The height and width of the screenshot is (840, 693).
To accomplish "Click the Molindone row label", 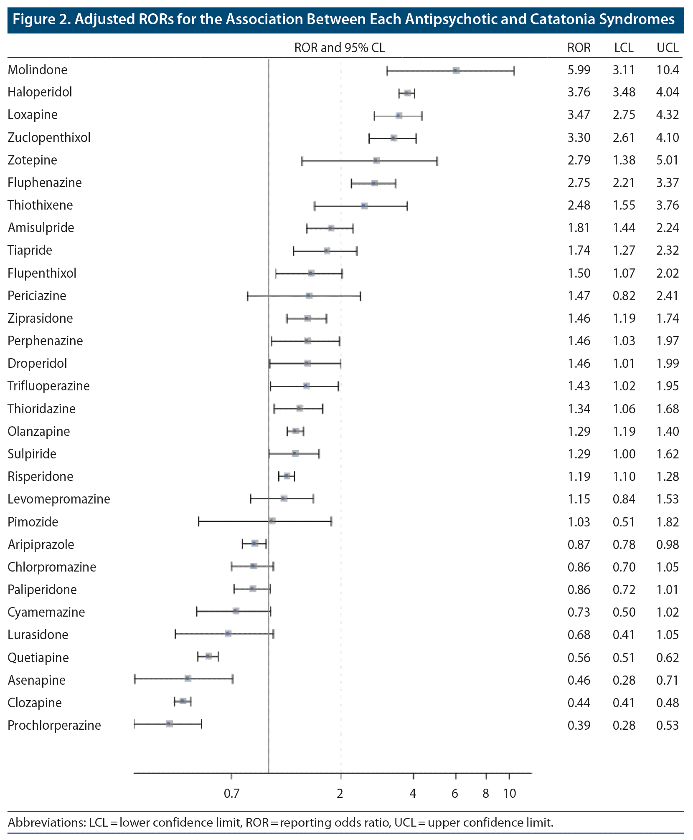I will pyautogui.click(x=38, y=70).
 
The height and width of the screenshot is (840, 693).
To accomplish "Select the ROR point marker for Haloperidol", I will pyautogui.click(x=407, y=93).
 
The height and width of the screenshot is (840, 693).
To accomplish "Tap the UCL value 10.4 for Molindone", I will pyautogui.click(x=667, y=70).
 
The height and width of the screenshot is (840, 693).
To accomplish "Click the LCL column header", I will pyautogui.click(x=623, y=48).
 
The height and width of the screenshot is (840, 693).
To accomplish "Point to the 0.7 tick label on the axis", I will pyautogui.click(x=231, y=793).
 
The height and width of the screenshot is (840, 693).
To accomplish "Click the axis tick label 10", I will pyautogui.click(x=509, y=793).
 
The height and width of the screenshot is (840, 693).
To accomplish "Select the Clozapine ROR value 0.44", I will pyautogui.click(x=579, y=703).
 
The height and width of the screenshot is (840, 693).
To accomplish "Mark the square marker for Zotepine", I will pyautogui.click(x=376, y=161).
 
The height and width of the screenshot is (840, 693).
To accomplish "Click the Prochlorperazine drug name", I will pyautogui.click(x=54, y=725).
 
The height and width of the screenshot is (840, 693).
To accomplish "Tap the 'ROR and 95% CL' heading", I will pyautogui.click(x=339, y=48).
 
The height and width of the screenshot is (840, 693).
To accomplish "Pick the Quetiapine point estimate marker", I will pyautogui.click(x=208, y=656).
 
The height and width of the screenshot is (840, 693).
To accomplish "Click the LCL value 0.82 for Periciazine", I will pyautogui.click(x=624, y=296).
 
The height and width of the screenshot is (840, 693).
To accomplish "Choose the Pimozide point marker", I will pyautogui.click(x=272, y=521).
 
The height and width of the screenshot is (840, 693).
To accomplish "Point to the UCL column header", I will pyautogui.click(x=667, y=48).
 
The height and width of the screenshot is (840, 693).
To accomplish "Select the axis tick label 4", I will pyautogui.click(x=413, y=793).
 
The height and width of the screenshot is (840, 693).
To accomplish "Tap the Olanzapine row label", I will pyautogui.click(x=39, y=431).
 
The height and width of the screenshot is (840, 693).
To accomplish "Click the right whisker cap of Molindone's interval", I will pyautogui.click(x=514, y=71).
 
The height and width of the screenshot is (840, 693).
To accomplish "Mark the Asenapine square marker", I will pyautogui.click(x=188, y=679).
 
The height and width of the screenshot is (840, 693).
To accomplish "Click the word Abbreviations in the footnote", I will pyautogui.click(x=46, y=822).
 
